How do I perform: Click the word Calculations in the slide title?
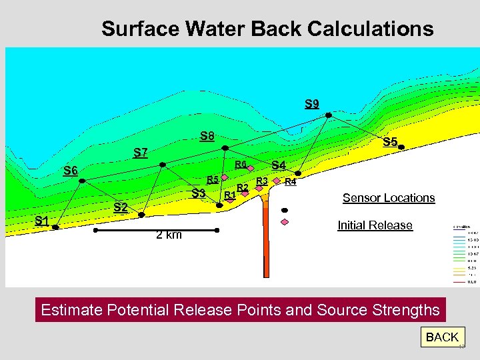(x=369, y=29)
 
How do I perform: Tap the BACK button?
(x=442, y=337)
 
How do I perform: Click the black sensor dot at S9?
(x=328, y=115)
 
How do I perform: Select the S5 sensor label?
(x=390, y=142)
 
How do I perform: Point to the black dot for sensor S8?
(x=225, y=147)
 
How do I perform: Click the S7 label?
(x=139, y=153)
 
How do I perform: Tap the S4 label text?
(x=278, y=165)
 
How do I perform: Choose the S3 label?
(x=198, y=193)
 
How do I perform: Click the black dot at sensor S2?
(x=141, y=214)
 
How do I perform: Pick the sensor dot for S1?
(x=56, y=227)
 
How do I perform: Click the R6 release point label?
(x=241, y=164)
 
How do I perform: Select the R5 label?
(x=213, y=179)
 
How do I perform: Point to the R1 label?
(x=229, y=195)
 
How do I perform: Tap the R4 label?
(x=290, y=181)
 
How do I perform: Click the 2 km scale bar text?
(x=168, y=235)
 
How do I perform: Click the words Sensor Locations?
(x=388, y=198)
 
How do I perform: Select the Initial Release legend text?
(x=375, y=225)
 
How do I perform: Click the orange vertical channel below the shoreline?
(x=265, y=247)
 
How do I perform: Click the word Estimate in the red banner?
(x=70, y=310)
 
